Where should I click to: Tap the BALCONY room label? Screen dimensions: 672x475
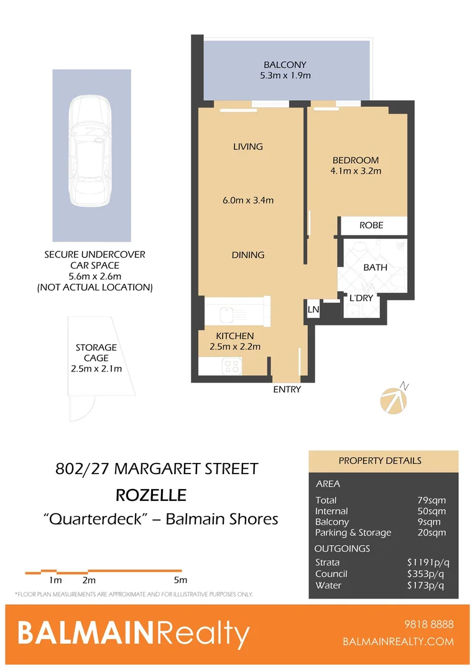(285, 65)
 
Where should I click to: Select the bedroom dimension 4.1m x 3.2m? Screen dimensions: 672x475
(356, 171)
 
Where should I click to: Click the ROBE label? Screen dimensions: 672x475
(371, 225)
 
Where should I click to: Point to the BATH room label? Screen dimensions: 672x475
(375, 268)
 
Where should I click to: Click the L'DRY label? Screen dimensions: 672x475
(361, 298)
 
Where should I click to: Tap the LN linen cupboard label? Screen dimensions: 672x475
(313, 309)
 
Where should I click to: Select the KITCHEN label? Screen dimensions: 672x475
(234, 336)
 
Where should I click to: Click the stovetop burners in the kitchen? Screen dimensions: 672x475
(232, 366)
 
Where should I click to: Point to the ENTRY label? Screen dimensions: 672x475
(287, 390)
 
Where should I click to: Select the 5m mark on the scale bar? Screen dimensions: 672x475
(180, 581)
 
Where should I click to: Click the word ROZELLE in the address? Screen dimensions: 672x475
(151, 495)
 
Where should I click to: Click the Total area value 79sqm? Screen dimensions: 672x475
(431, 500)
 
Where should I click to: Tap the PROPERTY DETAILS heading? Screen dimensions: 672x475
(380, 461)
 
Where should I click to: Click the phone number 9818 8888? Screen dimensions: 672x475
(428, 625)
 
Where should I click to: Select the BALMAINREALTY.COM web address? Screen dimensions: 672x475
(398, 642)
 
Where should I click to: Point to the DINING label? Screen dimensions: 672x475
(247, 255)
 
